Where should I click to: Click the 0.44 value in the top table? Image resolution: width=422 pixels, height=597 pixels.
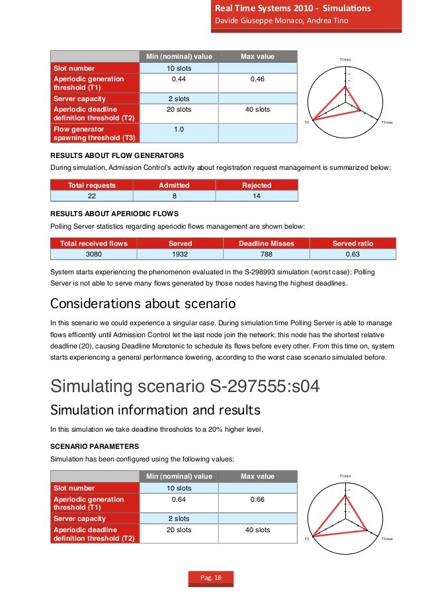178,79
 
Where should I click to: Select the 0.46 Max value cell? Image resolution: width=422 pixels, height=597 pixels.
257,79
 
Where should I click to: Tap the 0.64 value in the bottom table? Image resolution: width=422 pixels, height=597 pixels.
178,500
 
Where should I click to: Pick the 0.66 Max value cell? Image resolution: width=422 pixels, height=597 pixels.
257,500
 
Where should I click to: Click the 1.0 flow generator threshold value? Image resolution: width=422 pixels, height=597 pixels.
178,129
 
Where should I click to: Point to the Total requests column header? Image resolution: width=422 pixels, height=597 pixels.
92,185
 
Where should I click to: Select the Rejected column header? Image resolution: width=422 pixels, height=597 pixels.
257,185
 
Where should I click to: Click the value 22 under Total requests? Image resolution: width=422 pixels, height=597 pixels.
92,196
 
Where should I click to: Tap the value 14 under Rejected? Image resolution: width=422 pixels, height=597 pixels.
257,196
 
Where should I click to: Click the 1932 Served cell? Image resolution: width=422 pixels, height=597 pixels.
181,254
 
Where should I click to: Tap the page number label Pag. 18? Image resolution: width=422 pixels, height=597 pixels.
211,579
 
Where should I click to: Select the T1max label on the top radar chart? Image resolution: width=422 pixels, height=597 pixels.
387,122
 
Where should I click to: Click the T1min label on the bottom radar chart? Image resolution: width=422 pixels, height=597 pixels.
345,476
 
